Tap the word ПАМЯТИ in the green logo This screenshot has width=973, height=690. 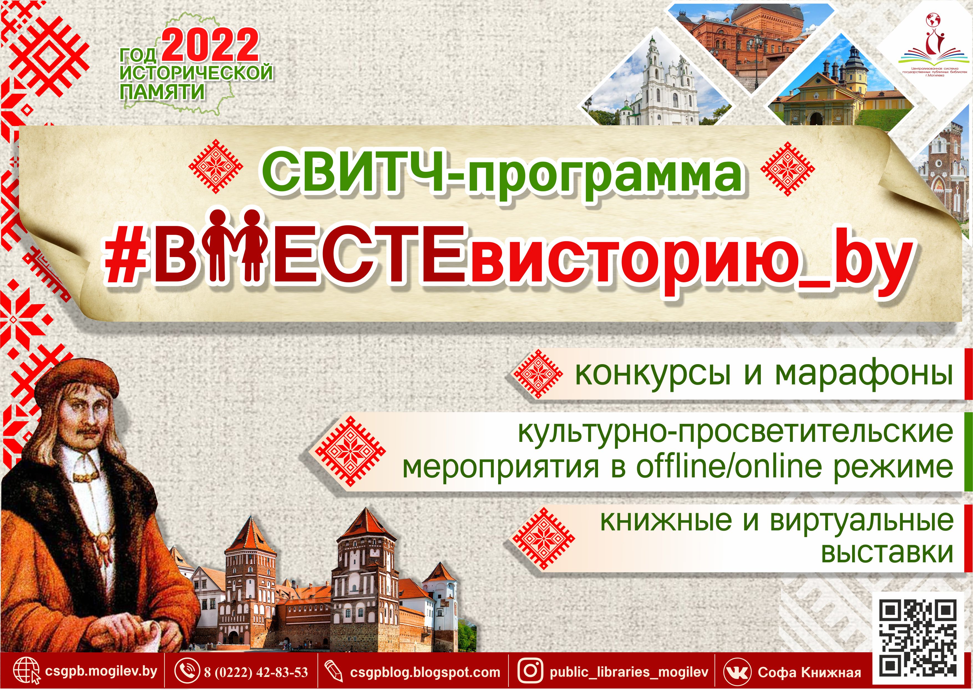[162, 92]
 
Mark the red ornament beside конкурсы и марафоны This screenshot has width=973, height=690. [538, 374]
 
